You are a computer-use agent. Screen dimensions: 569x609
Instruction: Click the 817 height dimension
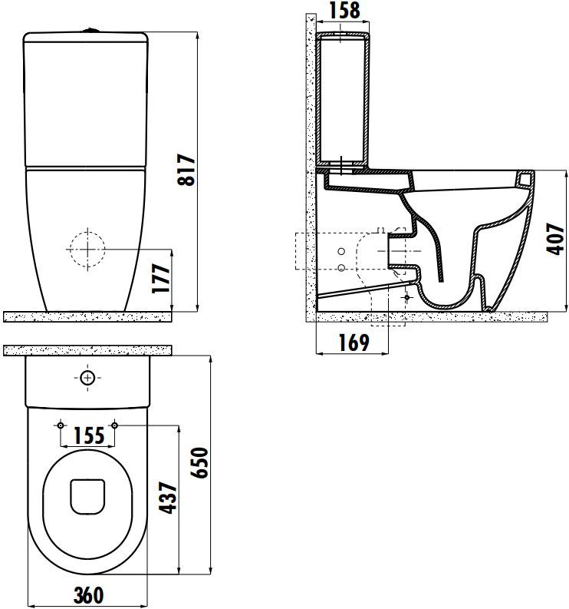(186, 170)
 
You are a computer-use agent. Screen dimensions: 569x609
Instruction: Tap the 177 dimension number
(161, 278)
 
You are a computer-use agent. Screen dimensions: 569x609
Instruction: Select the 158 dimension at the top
(344, 11)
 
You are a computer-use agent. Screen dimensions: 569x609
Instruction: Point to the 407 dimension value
(555, 239)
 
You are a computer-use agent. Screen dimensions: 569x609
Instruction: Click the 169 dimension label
(354, 343)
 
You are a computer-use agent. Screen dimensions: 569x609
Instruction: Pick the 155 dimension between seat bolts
(89, 435)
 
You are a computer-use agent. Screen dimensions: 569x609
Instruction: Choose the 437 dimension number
(169, 498)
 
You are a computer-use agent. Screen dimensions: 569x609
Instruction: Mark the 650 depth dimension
(200, 462)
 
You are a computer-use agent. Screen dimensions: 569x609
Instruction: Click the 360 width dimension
(89, 595)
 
